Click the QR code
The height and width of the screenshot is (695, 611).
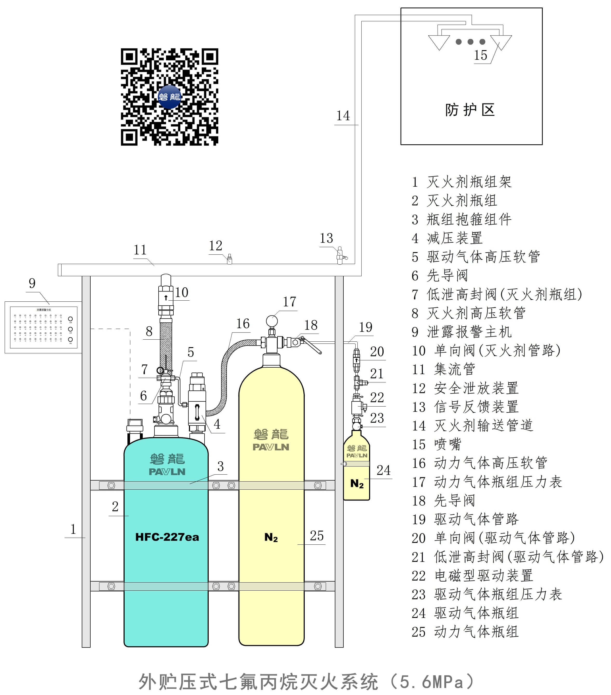(x=169, y=97)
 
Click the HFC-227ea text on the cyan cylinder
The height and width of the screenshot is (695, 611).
(x=167, y=537)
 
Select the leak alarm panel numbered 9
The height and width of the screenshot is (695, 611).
(x=43, y=327)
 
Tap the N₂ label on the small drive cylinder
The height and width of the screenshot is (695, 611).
(x=357, y=483)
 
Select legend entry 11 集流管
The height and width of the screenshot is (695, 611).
(x=443, y=369)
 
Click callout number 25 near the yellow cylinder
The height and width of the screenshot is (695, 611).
(x=317, y=536)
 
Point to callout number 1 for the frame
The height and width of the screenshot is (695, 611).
(x=73, y=529)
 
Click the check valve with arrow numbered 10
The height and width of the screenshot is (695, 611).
(x=166, y=298)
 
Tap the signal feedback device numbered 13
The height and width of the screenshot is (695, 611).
(x=340, y=255)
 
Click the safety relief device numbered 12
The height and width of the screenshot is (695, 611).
(x=229, y=259)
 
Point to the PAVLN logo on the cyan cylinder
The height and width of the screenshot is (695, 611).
(x=167, y=472)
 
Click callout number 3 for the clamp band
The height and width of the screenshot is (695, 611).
(x=220, y=466)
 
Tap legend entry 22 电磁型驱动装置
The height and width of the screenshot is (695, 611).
(x=472, y=576)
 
